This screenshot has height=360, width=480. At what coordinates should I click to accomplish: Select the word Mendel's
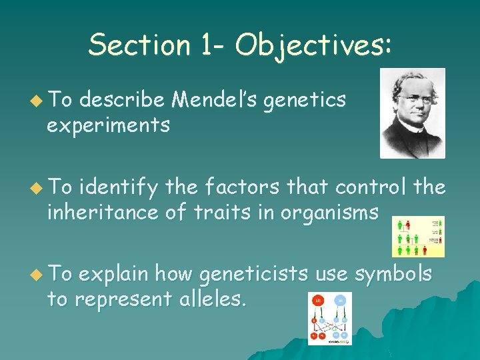coord(215,100)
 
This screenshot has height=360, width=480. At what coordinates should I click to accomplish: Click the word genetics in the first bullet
coord(305,100)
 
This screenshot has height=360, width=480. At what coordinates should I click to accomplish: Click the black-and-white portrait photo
coord(412,113)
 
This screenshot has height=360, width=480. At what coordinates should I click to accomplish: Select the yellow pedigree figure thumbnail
coord(418,236)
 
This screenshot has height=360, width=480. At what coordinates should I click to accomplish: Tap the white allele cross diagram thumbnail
coord(329,319)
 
